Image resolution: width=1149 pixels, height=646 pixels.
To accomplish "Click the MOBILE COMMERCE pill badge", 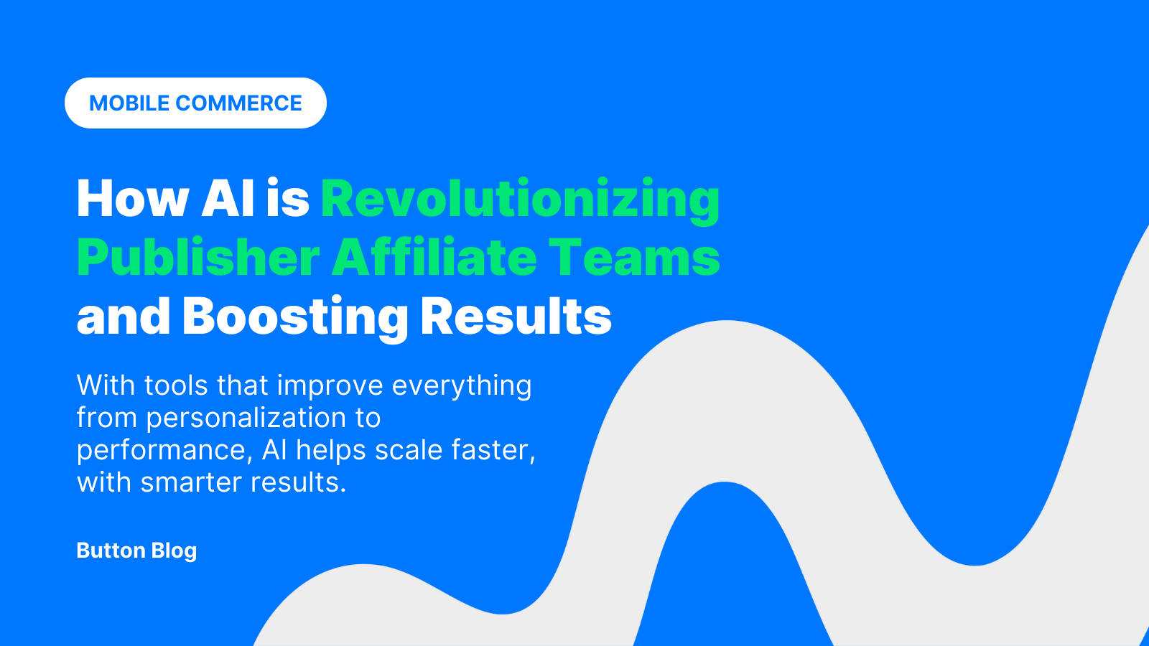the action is click(195, 103).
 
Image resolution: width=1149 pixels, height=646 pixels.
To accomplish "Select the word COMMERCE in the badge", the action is click(238, 103).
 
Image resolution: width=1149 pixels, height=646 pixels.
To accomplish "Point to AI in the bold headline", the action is click(228, 198).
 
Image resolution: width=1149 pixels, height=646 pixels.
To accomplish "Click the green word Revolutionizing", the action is click(520, 201).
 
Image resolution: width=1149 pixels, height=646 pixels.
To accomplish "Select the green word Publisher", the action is click(198, 258).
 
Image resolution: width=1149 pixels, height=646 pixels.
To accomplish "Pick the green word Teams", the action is click(635, 258).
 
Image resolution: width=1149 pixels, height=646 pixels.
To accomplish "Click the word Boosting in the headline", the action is click(295, 318).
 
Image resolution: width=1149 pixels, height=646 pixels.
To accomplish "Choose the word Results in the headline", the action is click(516, 316).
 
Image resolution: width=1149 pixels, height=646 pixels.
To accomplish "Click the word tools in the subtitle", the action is click(176, 385).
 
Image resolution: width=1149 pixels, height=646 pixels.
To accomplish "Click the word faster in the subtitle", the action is click(493, 451).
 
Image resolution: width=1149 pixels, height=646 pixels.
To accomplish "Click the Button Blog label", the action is click(136, 551).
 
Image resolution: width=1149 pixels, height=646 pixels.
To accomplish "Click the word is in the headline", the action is click(288, 198).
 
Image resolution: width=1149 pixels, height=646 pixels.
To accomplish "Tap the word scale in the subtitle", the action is click(409, 451).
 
